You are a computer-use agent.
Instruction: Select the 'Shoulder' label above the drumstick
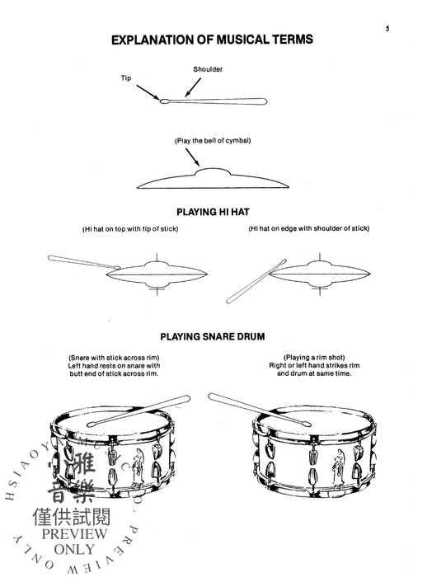[208, 69]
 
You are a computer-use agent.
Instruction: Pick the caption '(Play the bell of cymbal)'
[212, 141]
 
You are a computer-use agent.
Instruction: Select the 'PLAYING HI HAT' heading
[212, 211]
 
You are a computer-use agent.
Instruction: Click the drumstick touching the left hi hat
[82, 262]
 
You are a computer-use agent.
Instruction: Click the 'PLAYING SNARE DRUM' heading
[212, 335]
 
